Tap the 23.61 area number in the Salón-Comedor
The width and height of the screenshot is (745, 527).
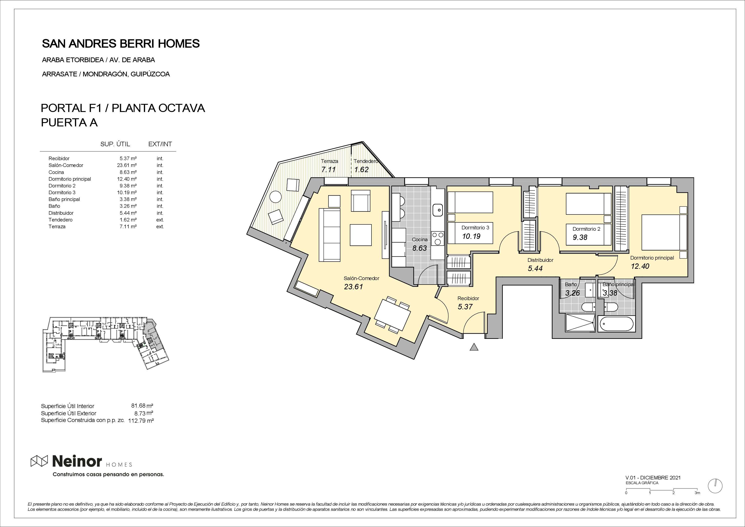pos(353,287)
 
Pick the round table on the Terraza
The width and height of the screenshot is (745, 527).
pos(276,196)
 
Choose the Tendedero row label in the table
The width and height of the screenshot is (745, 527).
pos(60,220)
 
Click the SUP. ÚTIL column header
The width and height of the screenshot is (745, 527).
pos(115,144)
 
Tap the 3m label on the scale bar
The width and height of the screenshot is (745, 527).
pos(697,502)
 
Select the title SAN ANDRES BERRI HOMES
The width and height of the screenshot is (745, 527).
pos(121,43)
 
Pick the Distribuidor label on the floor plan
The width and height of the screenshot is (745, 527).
pos(540,260)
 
